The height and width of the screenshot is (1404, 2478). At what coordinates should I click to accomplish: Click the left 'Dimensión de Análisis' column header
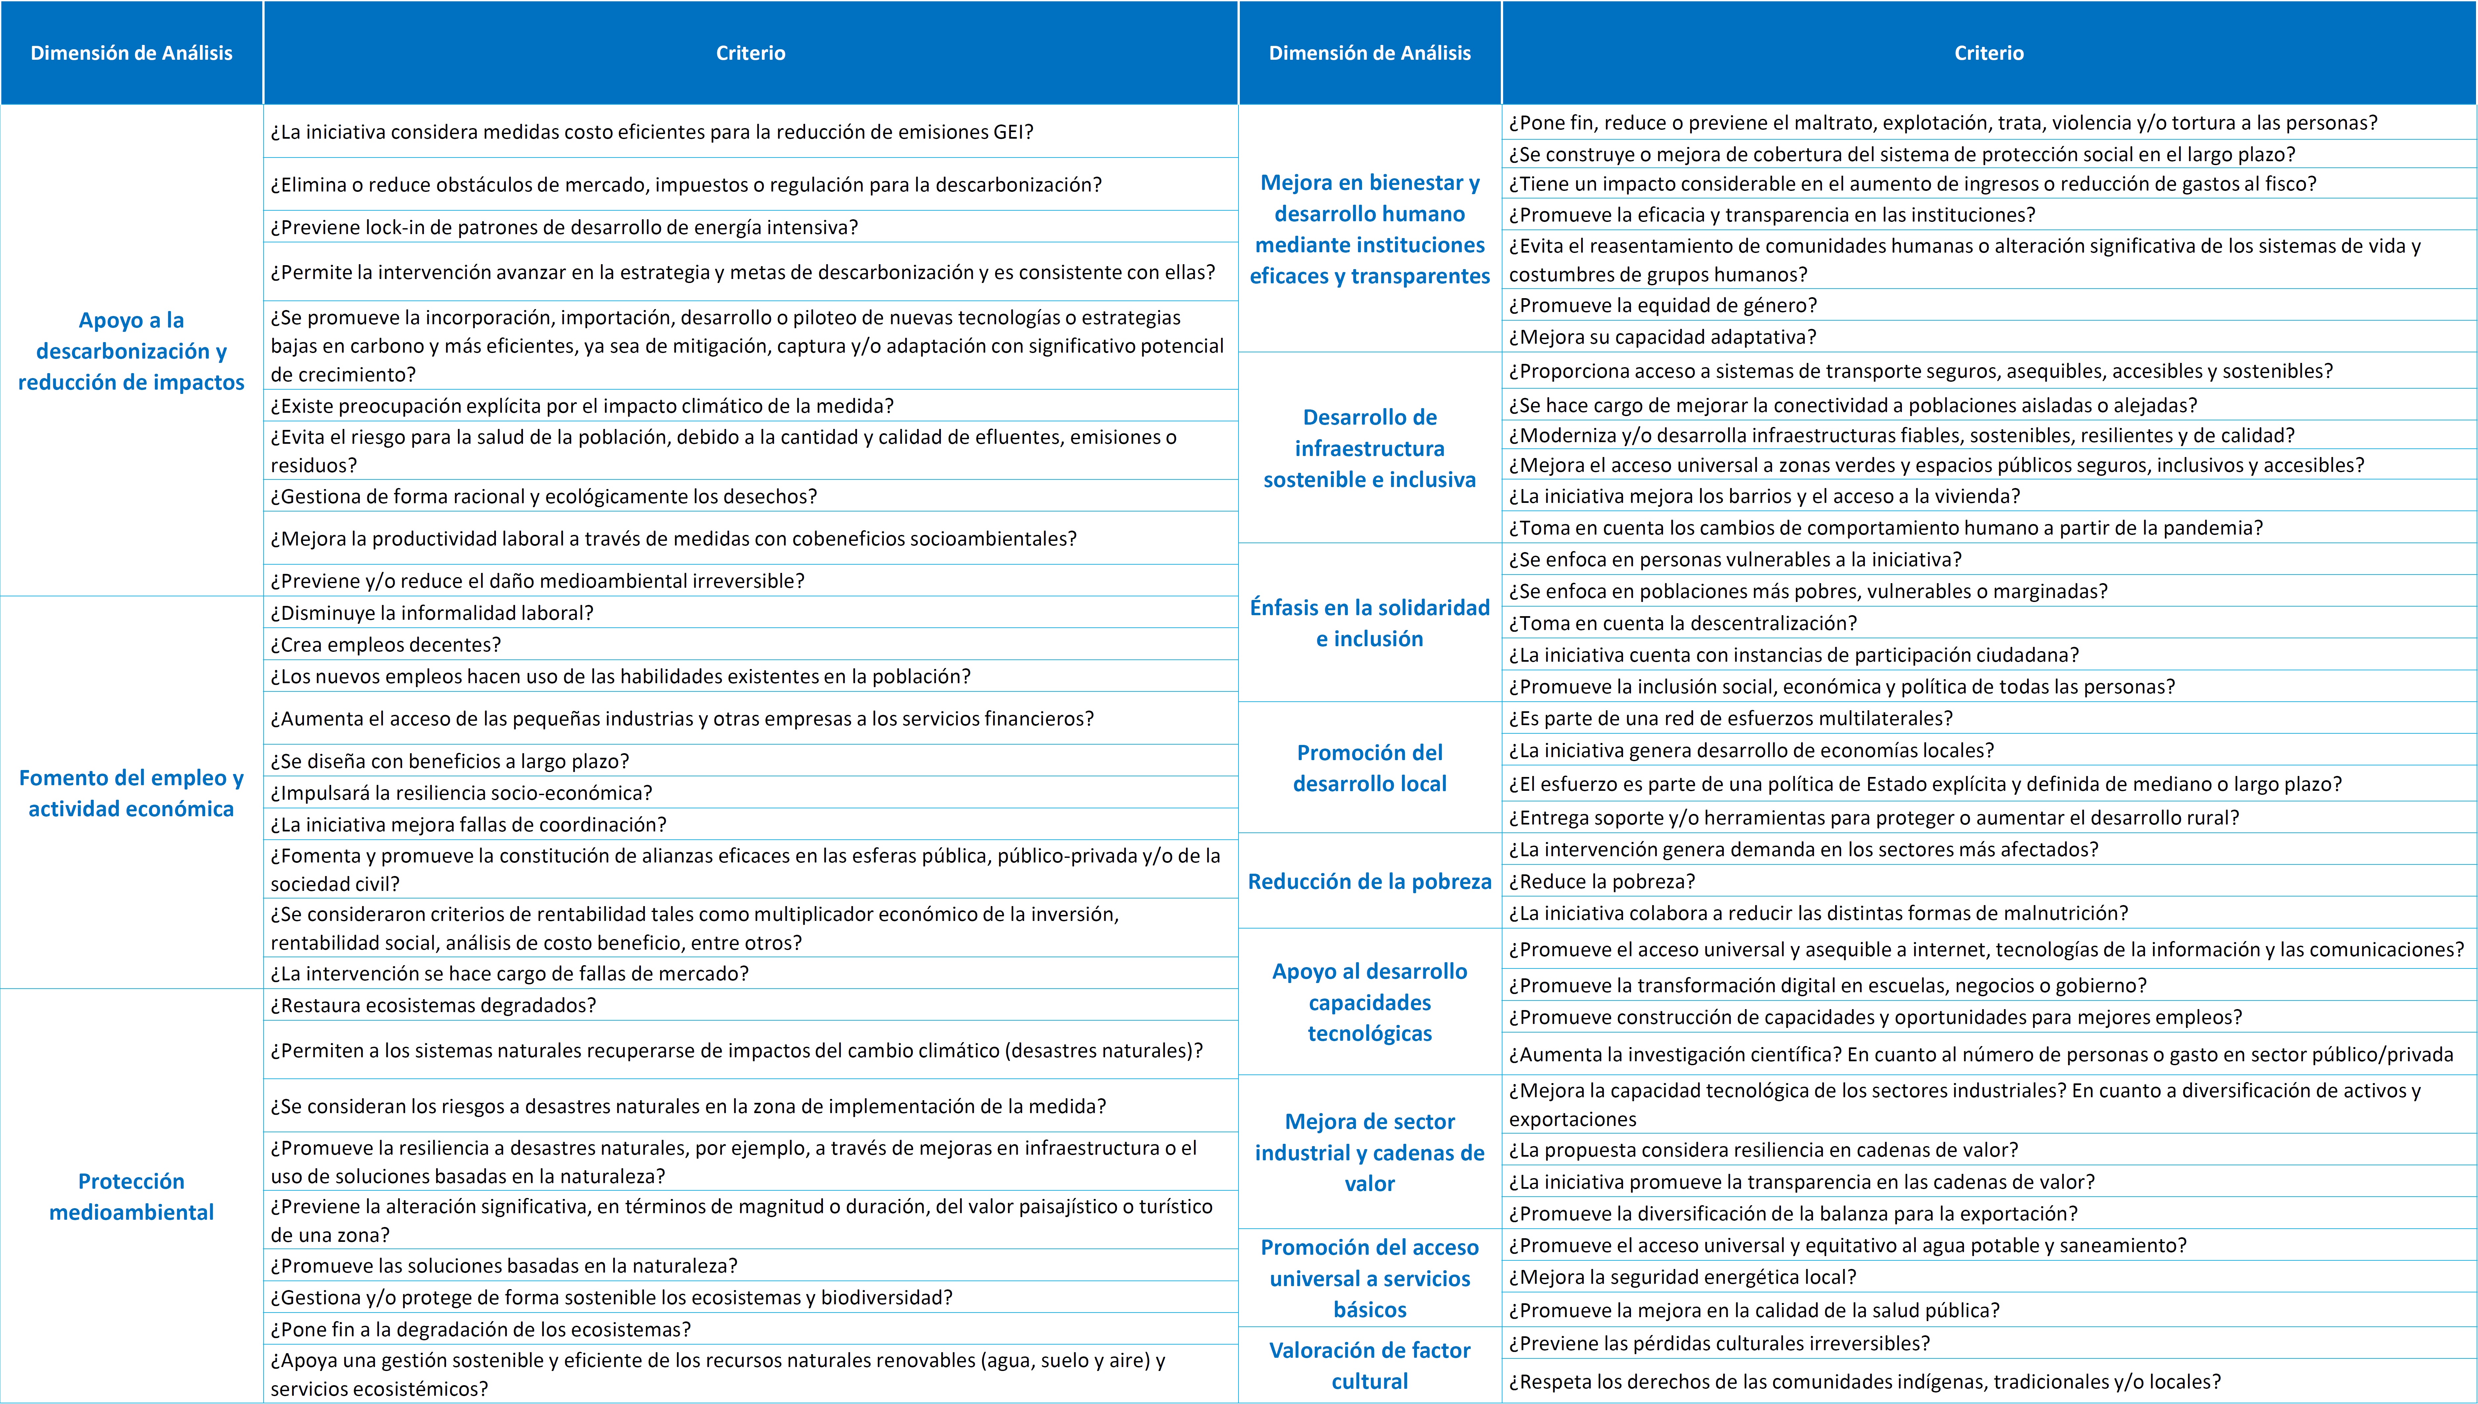pyautogui.click(x=131, y=53)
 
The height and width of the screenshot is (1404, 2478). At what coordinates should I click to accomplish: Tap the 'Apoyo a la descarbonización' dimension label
pyautogui.click(x=131, y=351)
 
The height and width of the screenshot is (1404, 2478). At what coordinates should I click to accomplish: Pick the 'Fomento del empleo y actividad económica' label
pyautogui.click(x=131, y=793)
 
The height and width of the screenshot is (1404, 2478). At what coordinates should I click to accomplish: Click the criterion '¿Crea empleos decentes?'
pyautogui.click(x=386, y=644)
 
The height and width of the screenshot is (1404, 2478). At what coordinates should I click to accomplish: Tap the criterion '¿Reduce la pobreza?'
pyautogui.click(x=1601, y=881)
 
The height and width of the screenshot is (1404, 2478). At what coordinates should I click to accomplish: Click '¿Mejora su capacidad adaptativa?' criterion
pyautogui.click(x=1662, y=336)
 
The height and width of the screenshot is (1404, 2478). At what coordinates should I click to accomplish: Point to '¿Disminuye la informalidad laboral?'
pyautogui.click(x=431, y=612)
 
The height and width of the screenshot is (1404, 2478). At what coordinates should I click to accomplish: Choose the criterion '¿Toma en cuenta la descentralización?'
pyautogui.click(x=1682, y=623)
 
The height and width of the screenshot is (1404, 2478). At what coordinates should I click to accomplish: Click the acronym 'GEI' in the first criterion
pyautogui.click(x=1008, y=132)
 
